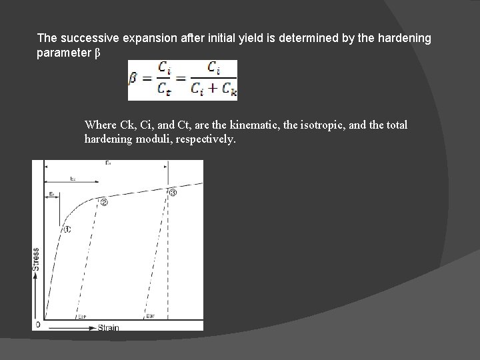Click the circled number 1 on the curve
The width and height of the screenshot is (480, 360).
[67, 229]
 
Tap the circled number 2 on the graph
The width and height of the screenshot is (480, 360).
[104, 203]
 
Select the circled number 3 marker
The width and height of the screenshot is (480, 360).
[173, 193]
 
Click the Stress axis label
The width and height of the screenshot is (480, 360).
[35, 264]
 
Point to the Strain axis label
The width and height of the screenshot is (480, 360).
[107, 327]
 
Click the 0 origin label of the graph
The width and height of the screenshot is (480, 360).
[37, 325]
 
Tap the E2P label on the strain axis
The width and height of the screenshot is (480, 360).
[82, 317]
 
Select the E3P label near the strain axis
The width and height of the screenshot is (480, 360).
[150, 317]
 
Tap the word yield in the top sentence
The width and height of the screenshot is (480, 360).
[227, 38]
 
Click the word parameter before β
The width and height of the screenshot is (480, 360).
[64, 52]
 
